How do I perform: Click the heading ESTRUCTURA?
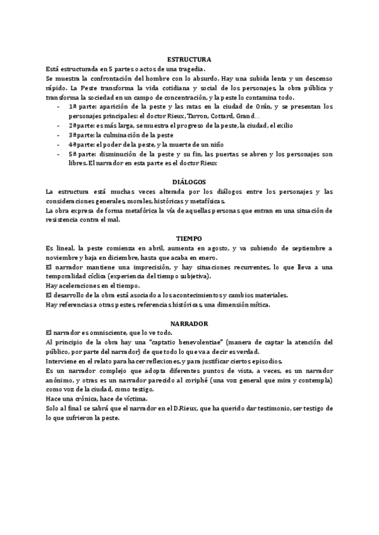pos(189,59)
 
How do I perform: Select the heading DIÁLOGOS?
pos(189,182)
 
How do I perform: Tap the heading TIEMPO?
pos(189,239)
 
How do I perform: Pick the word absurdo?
pos(207,78)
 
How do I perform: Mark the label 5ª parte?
pos(81,154)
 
